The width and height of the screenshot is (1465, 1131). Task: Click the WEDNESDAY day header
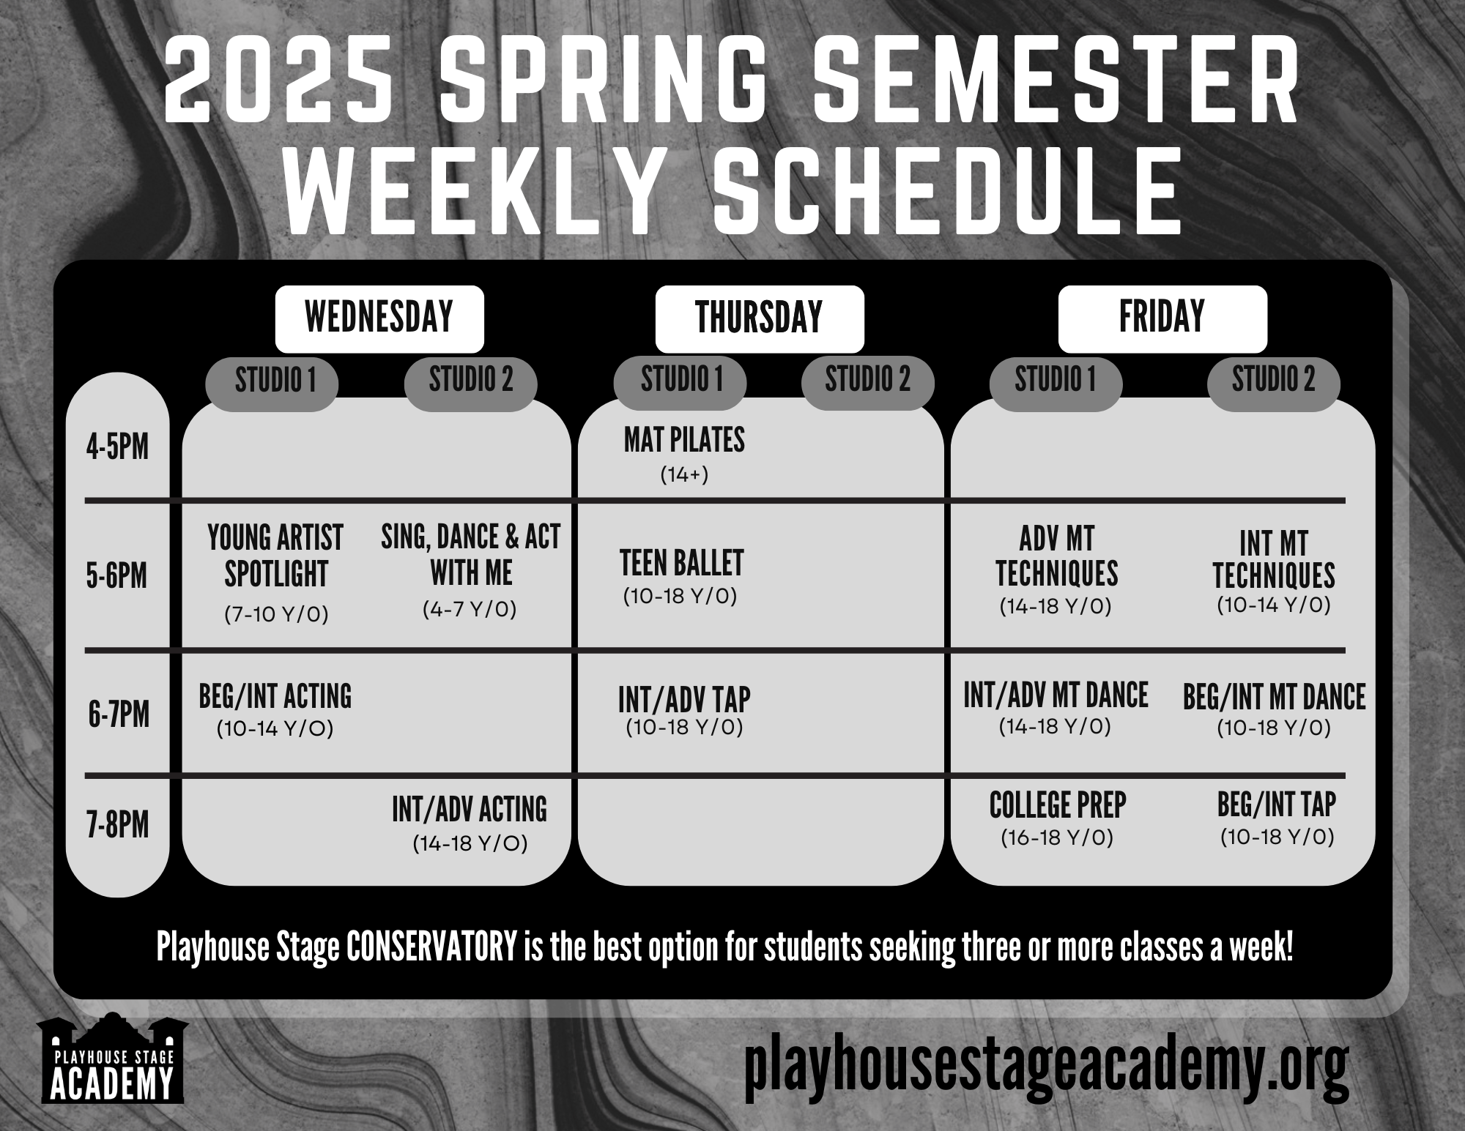[x=379, y=318]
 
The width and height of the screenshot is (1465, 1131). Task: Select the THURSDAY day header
[x=759, y=318]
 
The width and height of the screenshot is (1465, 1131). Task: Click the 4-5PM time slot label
[x=117, y=446]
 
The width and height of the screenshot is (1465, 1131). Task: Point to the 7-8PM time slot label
[x=117, y=825]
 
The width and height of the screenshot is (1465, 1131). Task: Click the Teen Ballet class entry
[x=681, y=575]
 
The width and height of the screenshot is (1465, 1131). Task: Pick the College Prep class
[x=1057, y=817]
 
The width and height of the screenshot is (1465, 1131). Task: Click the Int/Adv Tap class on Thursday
[x=684, y=709]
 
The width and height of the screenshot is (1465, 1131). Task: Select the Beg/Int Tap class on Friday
[x=1276, y=817]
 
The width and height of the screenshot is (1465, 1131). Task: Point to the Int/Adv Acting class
[x=470, y=822]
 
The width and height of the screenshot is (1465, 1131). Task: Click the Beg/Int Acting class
[x=275, y=707]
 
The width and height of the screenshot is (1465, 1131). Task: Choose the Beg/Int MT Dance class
[x=1274, y=707]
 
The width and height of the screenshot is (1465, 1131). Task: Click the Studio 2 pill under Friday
[x=1273, y=381]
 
